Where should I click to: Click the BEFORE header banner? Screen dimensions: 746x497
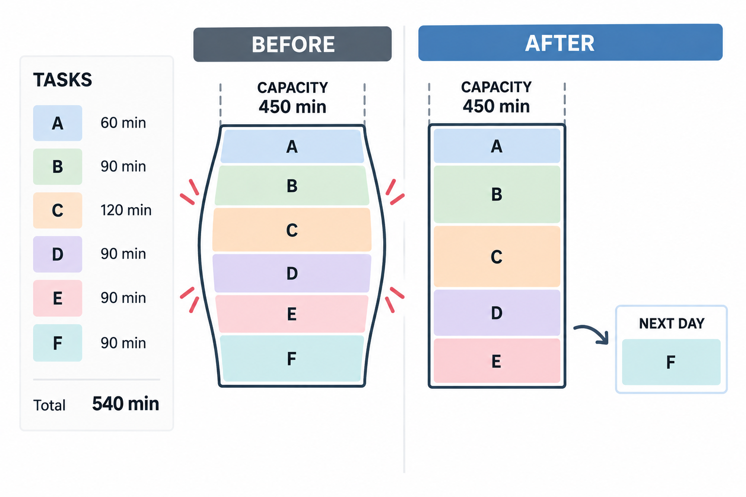coord(292,44)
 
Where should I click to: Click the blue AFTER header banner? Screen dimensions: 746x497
coord(570,42)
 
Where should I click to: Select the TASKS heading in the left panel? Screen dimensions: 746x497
coord(63,80)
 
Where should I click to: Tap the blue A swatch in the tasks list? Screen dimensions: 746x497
coord(58,123)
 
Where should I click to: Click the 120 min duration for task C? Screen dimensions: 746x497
coord(126,210)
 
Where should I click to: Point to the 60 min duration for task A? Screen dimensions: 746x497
coord(123,123)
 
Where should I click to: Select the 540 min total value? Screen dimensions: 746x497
coord(126,404)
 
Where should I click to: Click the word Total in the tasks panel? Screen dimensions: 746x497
coord(49,405)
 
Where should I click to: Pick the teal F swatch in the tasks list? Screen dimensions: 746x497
coord(58,343)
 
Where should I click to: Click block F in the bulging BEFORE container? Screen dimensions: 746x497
coord(292,359)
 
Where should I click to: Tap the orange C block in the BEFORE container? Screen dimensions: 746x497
coord(292,230)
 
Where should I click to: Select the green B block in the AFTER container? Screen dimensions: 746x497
coord(497,194)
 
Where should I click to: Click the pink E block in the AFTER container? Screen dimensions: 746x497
coord(497,361)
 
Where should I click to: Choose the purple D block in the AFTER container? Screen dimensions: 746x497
coord(497,313)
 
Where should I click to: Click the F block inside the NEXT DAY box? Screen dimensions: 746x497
coord(671,362)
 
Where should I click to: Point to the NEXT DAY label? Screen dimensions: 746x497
coord(671,324)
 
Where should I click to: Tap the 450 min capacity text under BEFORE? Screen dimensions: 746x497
coord(292,107)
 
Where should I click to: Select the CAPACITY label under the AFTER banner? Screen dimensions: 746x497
coord(496,87)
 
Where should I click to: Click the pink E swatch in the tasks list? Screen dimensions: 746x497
coord(58,298)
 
